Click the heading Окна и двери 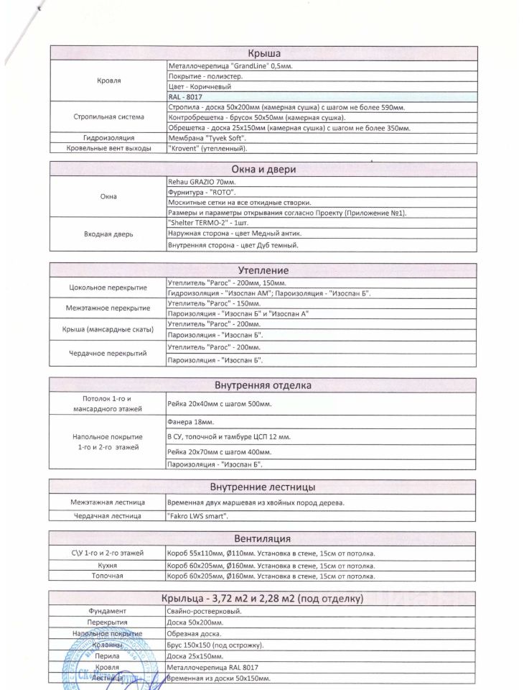263,170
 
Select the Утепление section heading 263,270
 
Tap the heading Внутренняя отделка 263,385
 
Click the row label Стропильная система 109,116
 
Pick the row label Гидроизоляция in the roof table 109,137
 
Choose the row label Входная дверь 109,234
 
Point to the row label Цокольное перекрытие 108,287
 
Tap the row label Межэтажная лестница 108,502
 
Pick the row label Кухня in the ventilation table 108,565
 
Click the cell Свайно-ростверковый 203,611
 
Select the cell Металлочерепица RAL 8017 212,667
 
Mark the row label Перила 108,656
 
